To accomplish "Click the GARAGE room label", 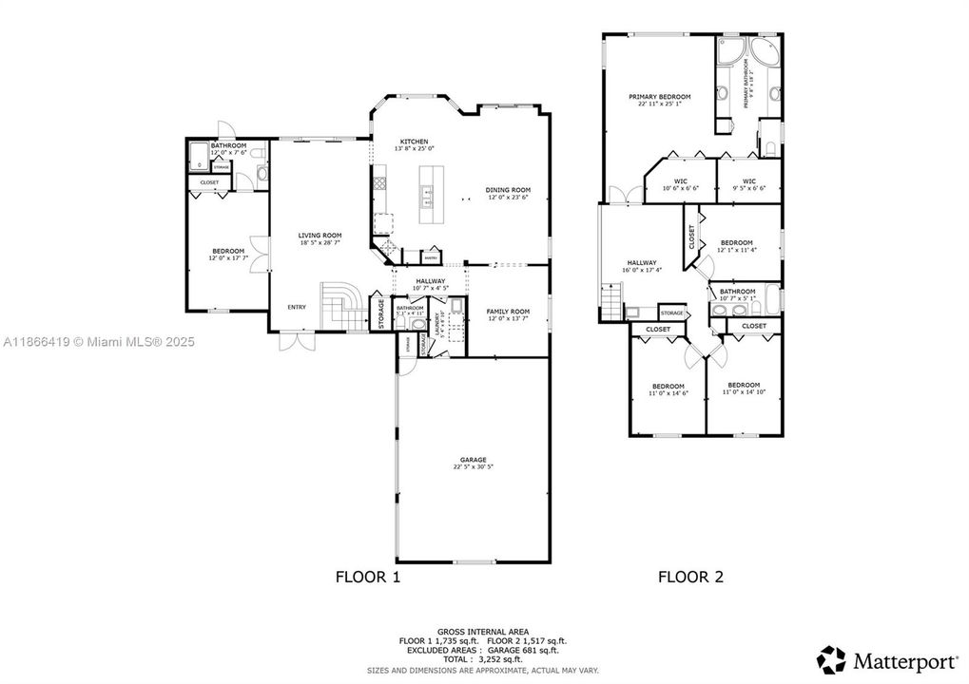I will tap(473, 460).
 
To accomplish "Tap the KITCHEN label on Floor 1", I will tap(414, 142).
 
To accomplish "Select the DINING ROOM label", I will tap(508, 190).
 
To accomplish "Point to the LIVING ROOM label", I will tap(320, 236).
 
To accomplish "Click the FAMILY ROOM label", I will tap(508, 312).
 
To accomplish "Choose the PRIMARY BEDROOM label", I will tap(659, 97).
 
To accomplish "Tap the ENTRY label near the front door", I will tap(297, 307).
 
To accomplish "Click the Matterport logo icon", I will tap(832, 658).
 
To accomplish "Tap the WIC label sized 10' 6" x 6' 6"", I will tap(681, 181).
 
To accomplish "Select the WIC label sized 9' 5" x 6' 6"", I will tap(748, 181).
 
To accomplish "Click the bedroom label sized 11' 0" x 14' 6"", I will tap(668, 386).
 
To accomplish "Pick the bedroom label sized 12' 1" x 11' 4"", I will tap(736, 243).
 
